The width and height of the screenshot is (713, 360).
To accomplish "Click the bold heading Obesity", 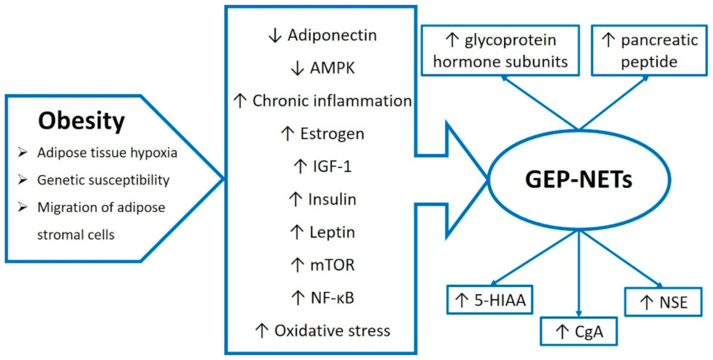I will point(81,121).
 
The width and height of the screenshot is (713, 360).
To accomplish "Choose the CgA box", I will point(578,332).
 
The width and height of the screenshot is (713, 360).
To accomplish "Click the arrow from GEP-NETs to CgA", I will point(578,275).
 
